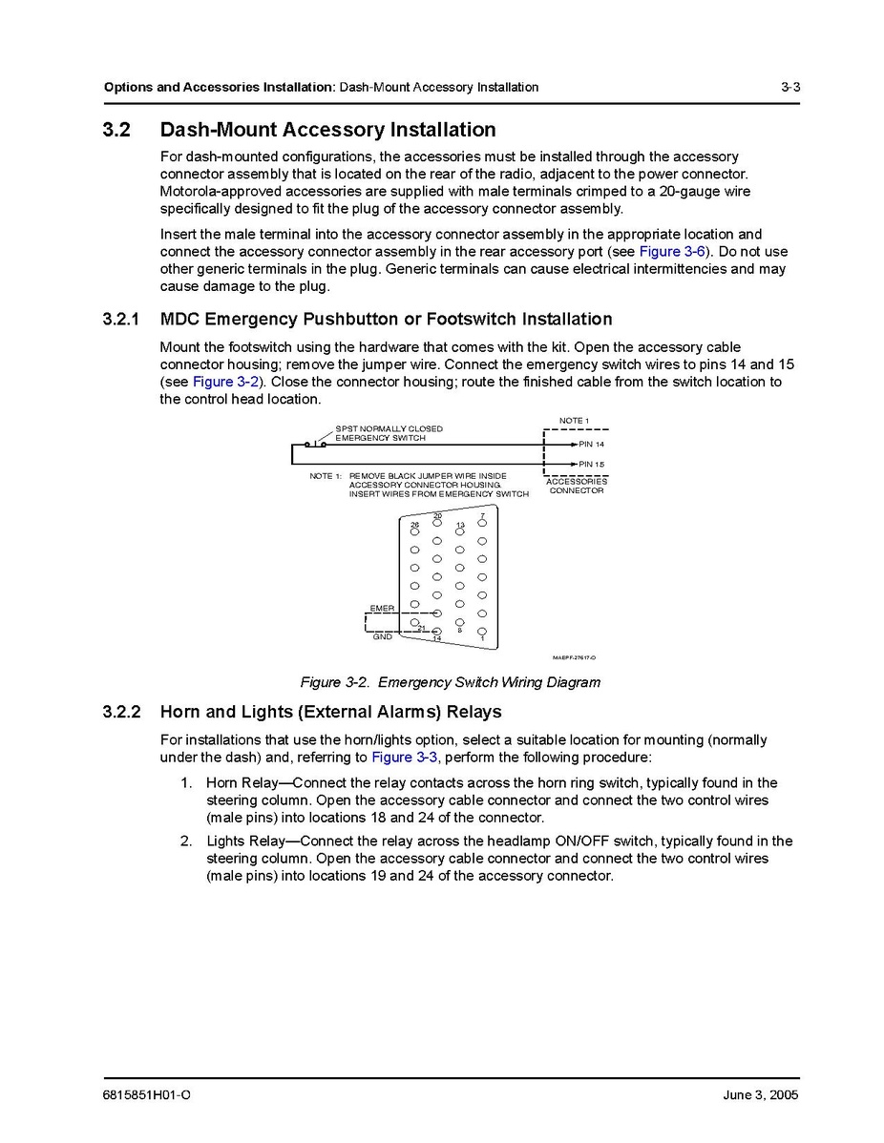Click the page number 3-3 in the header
789,87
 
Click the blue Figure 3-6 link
672,252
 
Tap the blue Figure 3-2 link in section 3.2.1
225,382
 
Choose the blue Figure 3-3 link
405,758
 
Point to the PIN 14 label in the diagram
591,445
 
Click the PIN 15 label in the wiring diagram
591,465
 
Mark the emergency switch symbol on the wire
316,443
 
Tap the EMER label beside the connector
382,608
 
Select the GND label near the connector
382,636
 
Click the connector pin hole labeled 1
482,631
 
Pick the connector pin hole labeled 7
482,523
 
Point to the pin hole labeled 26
414,531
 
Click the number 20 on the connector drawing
437,516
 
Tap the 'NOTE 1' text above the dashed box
574,421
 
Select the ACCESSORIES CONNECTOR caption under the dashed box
577,486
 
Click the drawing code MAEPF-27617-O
574,657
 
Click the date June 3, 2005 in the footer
760,1094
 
